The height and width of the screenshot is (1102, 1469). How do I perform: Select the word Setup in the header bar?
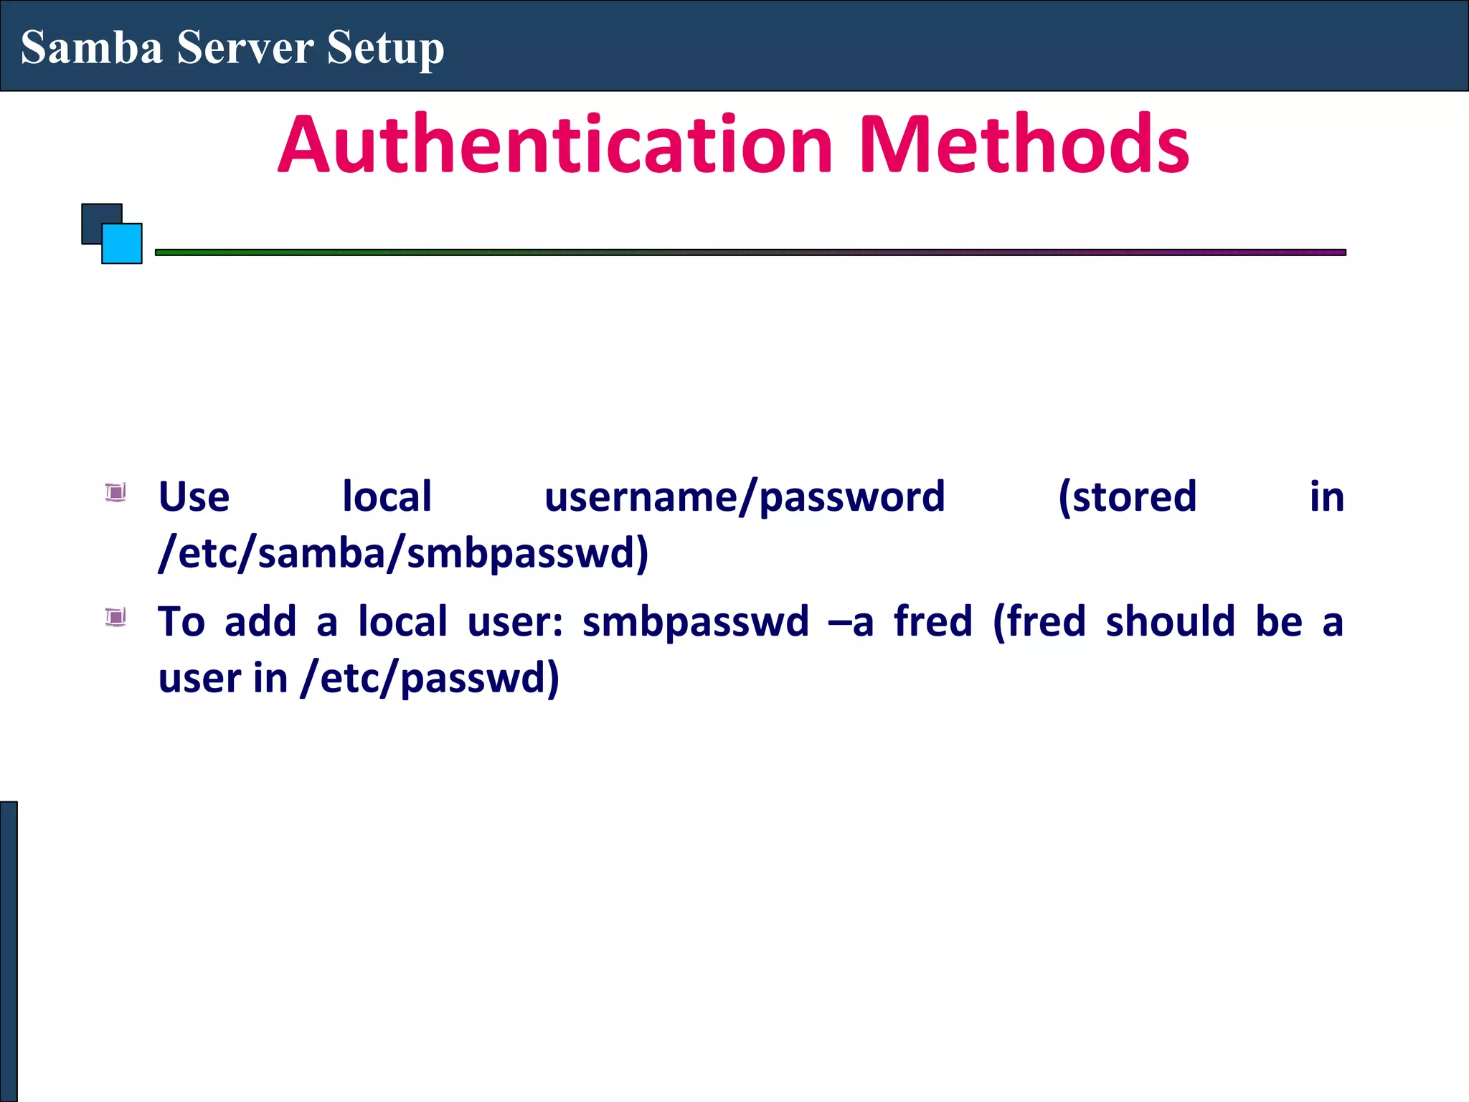(x=385, y=49)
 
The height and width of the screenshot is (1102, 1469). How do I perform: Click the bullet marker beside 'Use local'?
(x=115, y=493)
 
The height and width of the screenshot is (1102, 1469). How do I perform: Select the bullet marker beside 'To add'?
(x=115, y=617)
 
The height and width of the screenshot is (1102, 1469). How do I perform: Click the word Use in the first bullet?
(x=194, y=496)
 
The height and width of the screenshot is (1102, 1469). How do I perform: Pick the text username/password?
(x=745, y=496)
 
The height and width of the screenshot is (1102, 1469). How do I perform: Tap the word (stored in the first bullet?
(x=1128, y=496)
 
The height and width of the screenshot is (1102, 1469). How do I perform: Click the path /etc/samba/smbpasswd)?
(x=404, y=553)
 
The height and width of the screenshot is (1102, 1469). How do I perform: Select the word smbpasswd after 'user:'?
(x=695, y=621)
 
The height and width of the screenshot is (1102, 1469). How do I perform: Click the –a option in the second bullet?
(x=851, y=621)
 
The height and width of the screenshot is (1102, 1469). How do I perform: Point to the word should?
(x=1170, y=621)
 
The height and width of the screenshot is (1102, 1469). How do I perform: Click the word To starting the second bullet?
(x=181, y=621)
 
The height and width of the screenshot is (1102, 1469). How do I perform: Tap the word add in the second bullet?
(x=260, y=621)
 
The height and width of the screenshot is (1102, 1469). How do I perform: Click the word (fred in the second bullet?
(x=1039, y=621)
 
